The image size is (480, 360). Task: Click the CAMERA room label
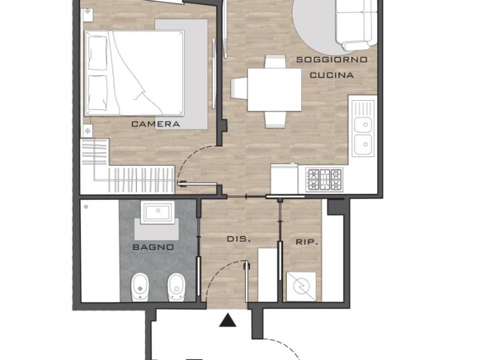tap(155, 124)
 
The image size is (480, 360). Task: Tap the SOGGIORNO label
tap(331, 60)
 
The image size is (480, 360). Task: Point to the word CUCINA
tap(331, 75)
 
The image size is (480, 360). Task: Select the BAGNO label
tap(153, 247)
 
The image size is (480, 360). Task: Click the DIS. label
tap(239, 239)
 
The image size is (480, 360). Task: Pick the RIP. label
tap(307, 242)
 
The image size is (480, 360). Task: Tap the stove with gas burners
tap(324, 179)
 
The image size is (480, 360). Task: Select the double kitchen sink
tap(363, 132)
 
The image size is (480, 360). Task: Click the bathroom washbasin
tap(158, 213)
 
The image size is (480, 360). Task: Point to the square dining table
tap(274, 90)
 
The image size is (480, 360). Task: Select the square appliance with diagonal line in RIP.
tap(300, 286)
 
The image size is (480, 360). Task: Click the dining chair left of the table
tap(239, 88)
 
